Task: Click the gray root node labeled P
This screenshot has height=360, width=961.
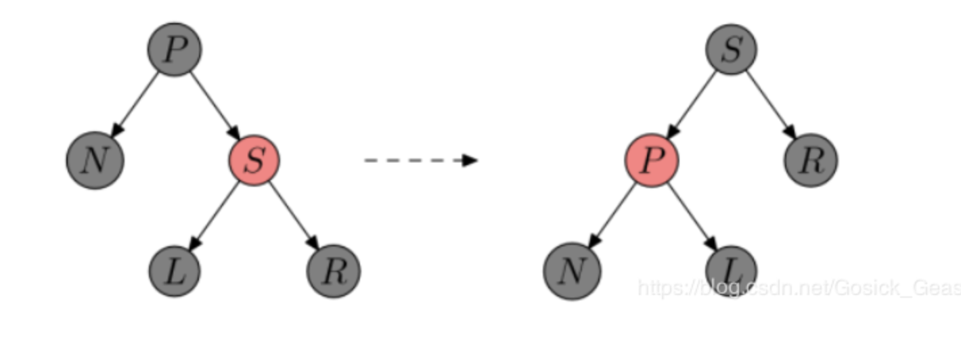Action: pos(175,49)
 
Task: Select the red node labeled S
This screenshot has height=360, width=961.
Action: pos(254,160)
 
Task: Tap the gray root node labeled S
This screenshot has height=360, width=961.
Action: pos(731,49)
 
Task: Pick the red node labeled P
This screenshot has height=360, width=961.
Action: pos(651,160)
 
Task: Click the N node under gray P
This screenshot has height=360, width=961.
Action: pos(95,160)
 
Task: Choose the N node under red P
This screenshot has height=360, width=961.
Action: pos(572,271)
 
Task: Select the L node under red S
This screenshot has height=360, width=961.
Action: pos(175,271)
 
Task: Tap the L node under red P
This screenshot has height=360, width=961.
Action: pos(731,271)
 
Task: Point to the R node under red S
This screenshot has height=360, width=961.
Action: pos(333,271)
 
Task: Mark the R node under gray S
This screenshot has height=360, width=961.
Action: pos(811,160)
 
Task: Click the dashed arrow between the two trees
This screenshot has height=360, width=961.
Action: pos(420,160)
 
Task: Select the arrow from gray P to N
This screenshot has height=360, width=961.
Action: pos(135,104)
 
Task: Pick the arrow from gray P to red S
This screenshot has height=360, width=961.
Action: pos(215,104)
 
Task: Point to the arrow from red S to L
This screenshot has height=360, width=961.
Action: pos(215,215)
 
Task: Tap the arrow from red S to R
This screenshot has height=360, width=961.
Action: pos(294,215)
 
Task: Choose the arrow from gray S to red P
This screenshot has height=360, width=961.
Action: pos(692,104)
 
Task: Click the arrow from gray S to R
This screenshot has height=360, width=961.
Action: pos(771,104)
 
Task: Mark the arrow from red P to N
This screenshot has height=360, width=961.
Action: pos(612,215)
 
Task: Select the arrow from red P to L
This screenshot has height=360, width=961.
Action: pos(692,215)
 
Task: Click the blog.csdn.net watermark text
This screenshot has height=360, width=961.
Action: pos(799,288)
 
